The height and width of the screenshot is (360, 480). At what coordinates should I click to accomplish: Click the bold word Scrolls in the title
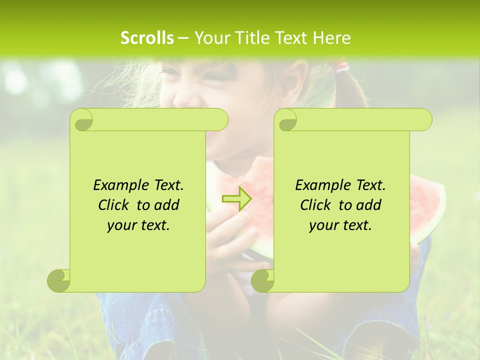pos(147,38)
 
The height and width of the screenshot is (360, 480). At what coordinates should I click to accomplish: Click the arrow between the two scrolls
pos(236,198)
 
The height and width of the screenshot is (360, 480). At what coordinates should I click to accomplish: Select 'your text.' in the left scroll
pos(138,225)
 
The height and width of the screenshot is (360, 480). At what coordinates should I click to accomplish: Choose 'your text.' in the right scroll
pos(340,225)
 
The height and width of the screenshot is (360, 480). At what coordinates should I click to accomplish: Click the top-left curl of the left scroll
pos(81,120)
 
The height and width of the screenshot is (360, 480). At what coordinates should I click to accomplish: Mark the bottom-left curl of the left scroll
pos(58,280)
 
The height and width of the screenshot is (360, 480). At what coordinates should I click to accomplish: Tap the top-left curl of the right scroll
pos(286,120)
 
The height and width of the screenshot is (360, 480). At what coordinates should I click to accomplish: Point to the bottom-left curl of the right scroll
pos(262,280)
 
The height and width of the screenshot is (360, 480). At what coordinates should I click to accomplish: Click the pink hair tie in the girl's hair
pos(342,66)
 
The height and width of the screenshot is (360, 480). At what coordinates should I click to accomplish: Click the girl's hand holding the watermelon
pos(227,235)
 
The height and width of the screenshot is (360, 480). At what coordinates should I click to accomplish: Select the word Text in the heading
pos(290,38)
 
